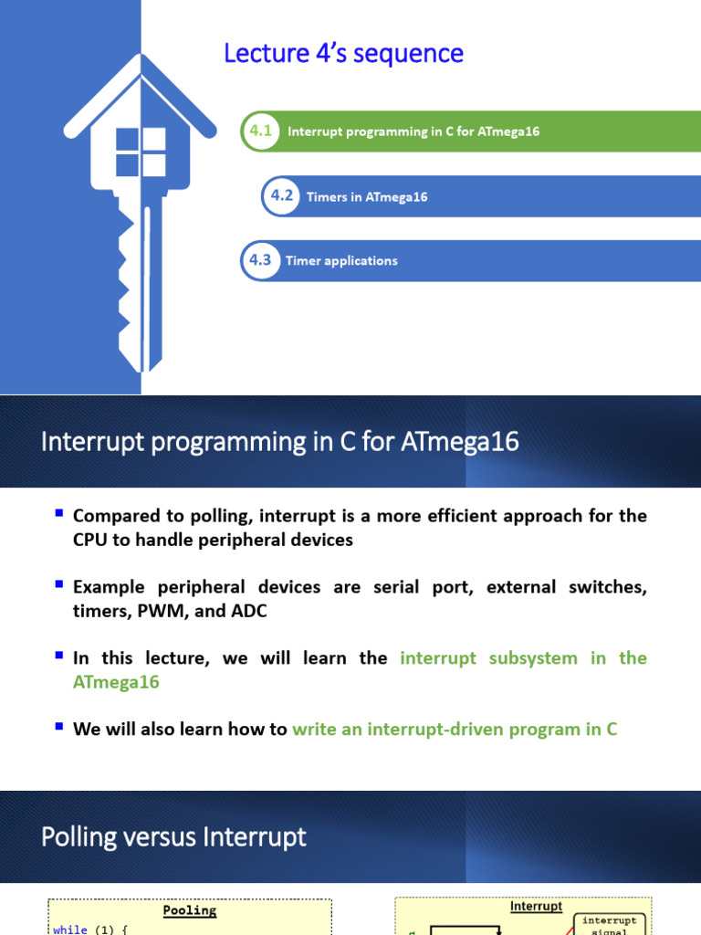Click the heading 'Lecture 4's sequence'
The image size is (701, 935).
pyautogui.click(x=343, y=54)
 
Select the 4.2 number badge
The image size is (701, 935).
pyautogui.click(x=281, y=196)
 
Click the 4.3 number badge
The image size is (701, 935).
pyautogui.click(x=260, y=260)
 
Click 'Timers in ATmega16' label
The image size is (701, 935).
pyautogui.click(x=367, y=197)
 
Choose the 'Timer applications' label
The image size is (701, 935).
pyautogui.click(x=341, y=261)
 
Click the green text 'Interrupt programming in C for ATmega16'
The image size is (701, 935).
pyautogui.click(x=413, y=131)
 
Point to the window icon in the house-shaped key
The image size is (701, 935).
pyautogui.click(x=141, y=152)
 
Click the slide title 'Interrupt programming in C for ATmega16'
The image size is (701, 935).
pyautogui.click(x=280, y=442)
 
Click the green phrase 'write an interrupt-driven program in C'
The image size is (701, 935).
pyautogui.click(x=455, y=730)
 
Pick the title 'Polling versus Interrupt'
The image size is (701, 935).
pyautogui.click(x=173, y=837)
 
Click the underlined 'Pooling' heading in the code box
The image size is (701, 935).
pyautogui.click(x=190, y=910)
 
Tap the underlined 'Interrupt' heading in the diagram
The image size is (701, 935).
pyautogui.click(x=536, y=907)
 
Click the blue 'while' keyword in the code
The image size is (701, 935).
pyautogui.click(x=70, y=930)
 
